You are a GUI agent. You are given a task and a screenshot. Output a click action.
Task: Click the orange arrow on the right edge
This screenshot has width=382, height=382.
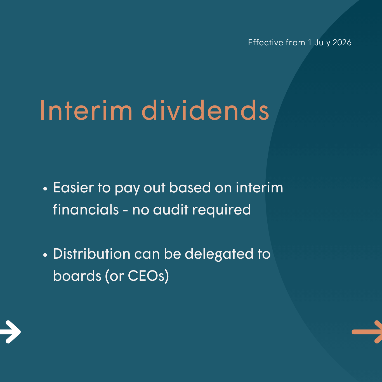[367, 332]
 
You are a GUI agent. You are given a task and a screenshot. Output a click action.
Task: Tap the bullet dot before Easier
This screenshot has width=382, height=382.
[45, 189]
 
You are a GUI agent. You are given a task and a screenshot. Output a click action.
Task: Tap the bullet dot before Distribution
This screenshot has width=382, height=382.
[45, 255]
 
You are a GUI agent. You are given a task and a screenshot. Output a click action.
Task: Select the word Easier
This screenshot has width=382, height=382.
[73, 187]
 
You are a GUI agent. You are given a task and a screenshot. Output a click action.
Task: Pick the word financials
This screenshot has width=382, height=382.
[86, 209]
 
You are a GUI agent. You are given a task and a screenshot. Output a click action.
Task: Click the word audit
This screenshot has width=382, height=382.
[171, 209]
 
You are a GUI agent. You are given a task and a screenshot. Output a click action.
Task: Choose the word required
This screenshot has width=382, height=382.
[222, 210]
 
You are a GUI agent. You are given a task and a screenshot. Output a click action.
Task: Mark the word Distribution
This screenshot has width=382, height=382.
[91, 254]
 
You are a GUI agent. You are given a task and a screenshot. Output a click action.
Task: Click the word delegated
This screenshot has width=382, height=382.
[219, 254]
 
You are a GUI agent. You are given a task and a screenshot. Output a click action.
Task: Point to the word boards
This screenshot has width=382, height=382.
[77, 275]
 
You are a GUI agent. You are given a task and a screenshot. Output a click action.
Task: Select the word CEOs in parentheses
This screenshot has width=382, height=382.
[146, 276]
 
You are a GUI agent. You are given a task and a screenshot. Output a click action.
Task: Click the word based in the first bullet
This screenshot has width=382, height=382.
[190, 187]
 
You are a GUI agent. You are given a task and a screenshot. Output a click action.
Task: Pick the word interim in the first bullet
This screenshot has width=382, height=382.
[260, 187]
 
